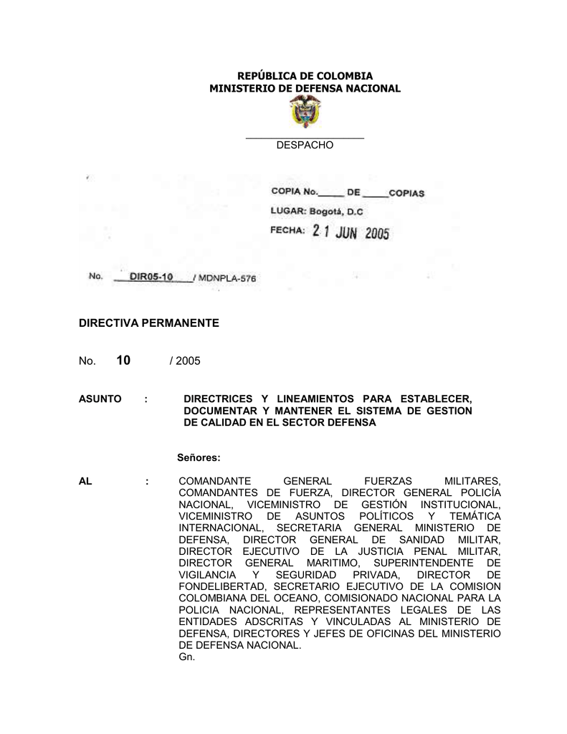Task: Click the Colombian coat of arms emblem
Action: pos(305,113)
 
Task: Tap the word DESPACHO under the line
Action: pos(305,146)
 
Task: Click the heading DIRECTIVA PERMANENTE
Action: pos(148,324)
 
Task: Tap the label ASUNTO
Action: pos(100,399)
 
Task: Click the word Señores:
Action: pos(198,457)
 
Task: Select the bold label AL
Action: pos(85,482)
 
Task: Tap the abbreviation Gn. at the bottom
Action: pos(185,656)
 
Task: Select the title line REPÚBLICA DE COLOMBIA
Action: pos(305,75)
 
